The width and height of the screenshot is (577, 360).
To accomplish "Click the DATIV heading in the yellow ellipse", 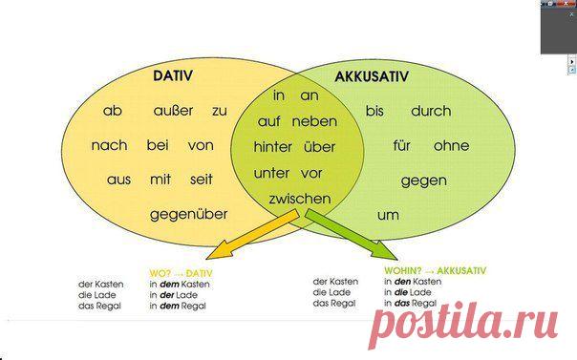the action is click(173, 75).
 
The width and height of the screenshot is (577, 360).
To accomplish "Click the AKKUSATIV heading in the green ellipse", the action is click(372, 76).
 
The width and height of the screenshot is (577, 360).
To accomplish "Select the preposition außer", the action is click(173, 111).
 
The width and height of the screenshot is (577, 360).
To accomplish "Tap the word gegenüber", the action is click(188, 215).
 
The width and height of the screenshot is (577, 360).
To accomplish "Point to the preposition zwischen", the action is click(300, 199).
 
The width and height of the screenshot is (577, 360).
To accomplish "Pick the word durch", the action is click(431, 111).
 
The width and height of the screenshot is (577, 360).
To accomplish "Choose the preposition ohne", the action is click(451, 145).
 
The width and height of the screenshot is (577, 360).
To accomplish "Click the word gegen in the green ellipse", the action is click(424, 180).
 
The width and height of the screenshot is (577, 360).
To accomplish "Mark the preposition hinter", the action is click(272, 147).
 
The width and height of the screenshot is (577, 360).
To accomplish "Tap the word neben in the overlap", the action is click(314, 121).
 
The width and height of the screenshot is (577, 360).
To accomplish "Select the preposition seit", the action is click(202, 180).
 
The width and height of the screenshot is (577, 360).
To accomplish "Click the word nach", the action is click(109, 145).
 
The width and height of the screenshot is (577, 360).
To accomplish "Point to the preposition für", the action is click(401, 145).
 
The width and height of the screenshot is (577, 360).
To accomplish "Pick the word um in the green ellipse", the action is click(388, 215).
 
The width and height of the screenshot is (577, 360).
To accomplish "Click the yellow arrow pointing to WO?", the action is click(252, 234).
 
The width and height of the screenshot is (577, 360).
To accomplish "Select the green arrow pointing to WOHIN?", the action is click(351, 234).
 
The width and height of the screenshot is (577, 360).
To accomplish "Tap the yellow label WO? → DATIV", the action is click(181, 274).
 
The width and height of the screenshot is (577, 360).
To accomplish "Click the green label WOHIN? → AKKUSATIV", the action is click(435, 271).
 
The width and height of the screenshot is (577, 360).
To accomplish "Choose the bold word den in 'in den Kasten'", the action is click(402, 282).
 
